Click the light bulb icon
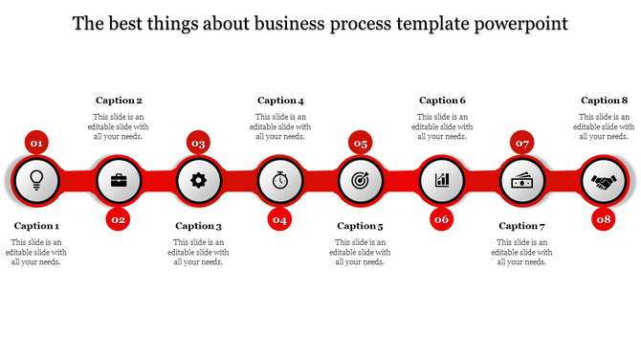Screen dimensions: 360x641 point(36,179)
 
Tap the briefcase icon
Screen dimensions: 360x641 point(118,179)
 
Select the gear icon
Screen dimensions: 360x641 point(198,179)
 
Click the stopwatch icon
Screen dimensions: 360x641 point(279,179)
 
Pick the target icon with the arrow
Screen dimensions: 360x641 point(360,179)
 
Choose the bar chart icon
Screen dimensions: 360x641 point(441,179)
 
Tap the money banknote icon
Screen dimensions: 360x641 point(522,179)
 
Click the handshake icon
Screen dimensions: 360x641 point(603,179)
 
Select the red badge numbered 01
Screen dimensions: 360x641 point(36,143)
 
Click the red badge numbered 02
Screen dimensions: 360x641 point(118,219)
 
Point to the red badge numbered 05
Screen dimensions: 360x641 point(360,143)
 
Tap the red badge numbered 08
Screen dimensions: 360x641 point(603,219)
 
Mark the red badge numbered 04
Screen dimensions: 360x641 point(279,219)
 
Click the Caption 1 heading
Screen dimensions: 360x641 point(37,226)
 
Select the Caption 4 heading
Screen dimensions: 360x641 point(280,101)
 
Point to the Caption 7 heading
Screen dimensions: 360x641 point(522,226)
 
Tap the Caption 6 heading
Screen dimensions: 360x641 point(443,101)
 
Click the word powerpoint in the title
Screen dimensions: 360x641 point(519,22)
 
